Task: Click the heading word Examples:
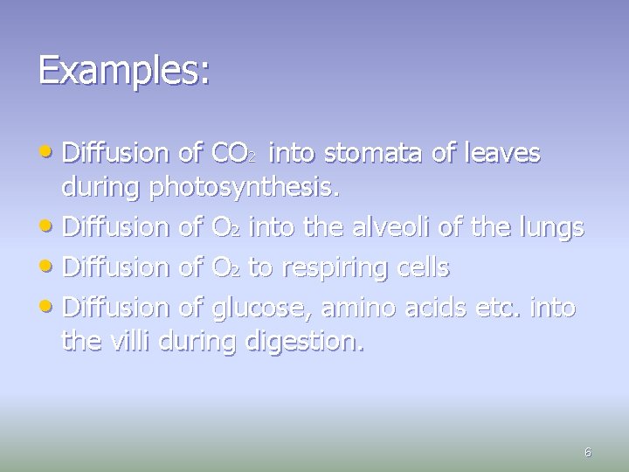(124, 70)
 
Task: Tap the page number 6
(587, 452)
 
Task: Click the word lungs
(550, 229)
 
